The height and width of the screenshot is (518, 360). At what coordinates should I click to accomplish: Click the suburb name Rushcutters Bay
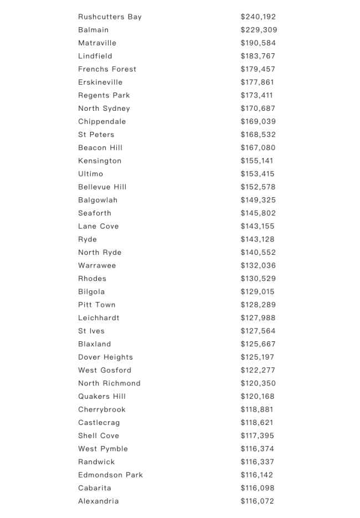pyautogui.click(x=110, y=17)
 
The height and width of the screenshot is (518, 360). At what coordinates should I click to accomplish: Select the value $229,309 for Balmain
pyautogui.click(x=259, y=30)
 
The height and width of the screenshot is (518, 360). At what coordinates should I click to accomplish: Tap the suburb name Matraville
pyautogui.click(x=97, y=43)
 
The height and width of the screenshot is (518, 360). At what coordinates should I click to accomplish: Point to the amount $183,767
pyautogui.click(x=258, y=56)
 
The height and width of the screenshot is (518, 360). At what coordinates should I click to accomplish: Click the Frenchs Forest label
pyautogui.click(x=107, y=69)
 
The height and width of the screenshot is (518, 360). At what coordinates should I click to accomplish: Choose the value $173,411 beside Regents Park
pyautogui.click(x=256, y=95)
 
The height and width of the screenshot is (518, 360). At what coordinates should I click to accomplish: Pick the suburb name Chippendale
pyautogui.click(x=102, y=121)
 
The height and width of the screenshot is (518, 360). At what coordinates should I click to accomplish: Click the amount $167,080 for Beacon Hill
pyautogui.click(x=258, y=147)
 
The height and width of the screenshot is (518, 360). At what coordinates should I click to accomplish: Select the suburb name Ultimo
pyautogui.click(x=90, y=173)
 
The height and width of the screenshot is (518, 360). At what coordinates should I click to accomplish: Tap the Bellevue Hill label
pyautogui.click(x=102, y=187)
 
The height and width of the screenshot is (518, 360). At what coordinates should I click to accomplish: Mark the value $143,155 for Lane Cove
pyautogui.click(x=258, y=226)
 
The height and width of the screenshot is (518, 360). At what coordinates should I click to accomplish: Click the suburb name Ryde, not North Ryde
pyautogui.click(x=88, y=239)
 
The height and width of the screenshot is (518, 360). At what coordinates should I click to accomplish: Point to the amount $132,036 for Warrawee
pyautogui.click(x=258, y=265)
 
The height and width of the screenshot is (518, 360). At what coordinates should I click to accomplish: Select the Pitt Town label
pyautogui.click(x=96, y=305)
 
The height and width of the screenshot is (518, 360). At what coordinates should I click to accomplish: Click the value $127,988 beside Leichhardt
pyautogui.click(x=258, y=318)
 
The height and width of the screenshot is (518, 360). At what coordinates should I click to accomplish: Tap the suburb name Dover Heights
pyautogui.click(x=105, y=357)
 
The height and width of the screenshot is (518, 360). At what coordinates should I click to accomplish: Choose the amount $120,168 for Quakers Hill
pyautogui.click(x=258, y=396)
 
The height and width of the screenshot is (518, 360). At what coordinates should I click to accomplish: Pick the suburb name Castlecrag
pyautogui.click(x=99, y=423)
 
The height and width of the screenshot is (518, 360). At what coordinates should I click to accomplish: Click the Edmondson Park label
pyautogui.click(x=110, y=475)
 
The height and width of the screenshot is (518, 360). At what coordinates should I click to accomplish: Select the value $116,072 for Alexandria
pyautogui.click(x=258, y=501)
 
